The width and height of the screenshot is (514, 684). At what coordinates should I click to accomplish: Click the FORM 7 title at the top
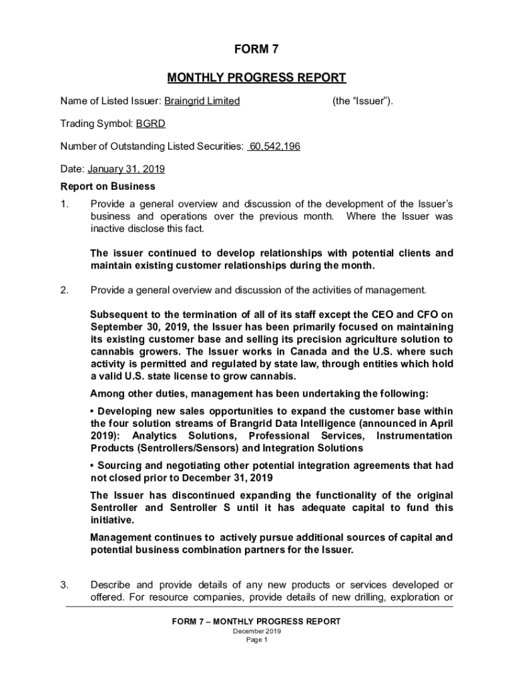[x=256, y=50]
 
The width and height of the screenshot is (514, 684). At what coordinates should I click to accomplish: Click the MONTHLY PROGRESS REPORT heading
[x=256, y=78]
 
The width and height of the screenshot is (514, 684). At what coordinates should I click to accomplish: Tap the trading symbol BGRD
[x=151, y=124]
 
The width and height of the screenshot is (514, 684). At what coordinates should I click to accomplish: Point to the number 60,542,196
[x=274, y=146]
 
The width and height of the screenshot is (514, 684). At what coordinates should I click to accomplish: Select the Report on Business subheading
[x=107, y=186]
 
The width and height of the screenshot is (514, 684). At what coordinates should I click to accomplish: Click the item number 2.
[x=64, y=290]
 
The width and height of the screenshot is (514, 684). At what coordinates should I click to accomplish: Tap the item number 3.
[x=64, y=585]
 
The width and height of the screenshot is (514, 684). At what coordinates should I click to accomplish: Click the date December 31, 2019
[x=226, y=478]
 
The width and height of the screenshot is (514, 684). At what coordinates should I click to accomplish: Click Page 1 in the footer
[x=256, y=640]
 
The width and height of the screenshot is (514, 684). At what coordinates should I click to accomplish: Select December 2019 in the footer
[x=256, y=631]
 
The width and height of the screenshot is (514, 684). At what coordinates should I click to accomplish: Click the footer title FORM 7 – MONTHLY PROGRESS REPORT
[x=256, y=622]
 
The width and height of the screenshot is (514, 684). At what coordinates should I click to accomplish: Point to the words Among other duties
[x=131, y=393]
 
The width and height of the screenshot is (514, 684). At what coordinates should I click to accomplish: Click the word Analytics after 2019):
[x=158, y=436]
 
